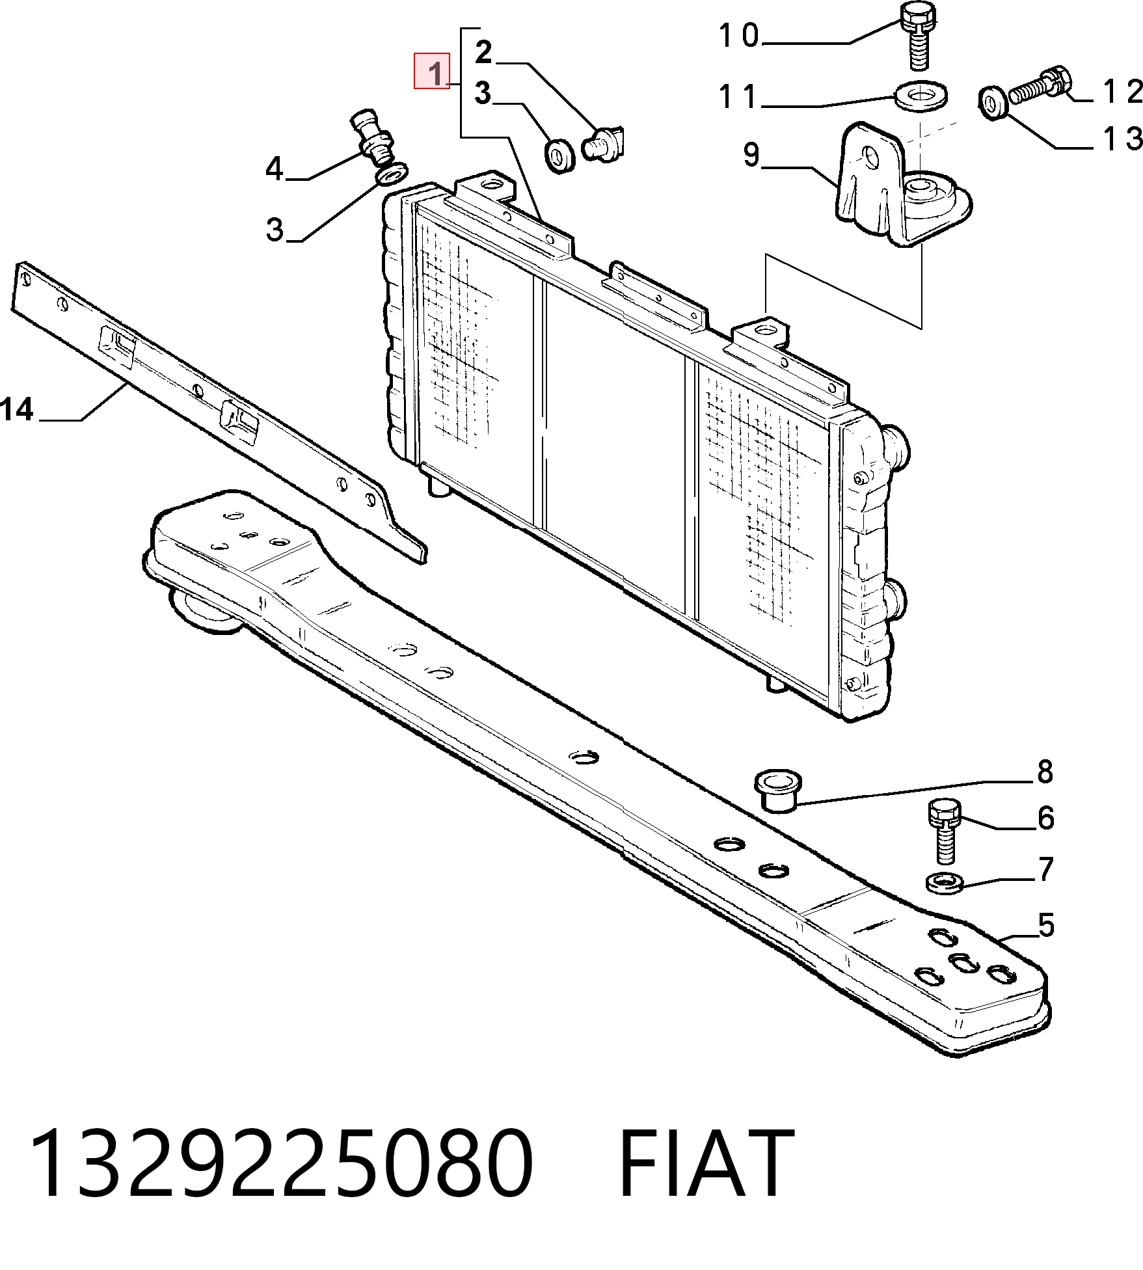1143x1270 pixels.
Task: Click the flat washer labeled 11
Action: click(921, 95)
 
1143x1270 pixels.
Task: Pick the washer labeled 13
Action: click(993, 103)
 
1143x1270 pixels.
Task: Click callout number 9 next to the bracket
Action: click(751, 155)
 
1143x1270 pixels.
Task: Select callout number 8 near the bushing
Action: click(1045, 772)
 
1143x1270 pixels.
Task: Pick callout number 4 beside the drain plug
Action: click(275, 170)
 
